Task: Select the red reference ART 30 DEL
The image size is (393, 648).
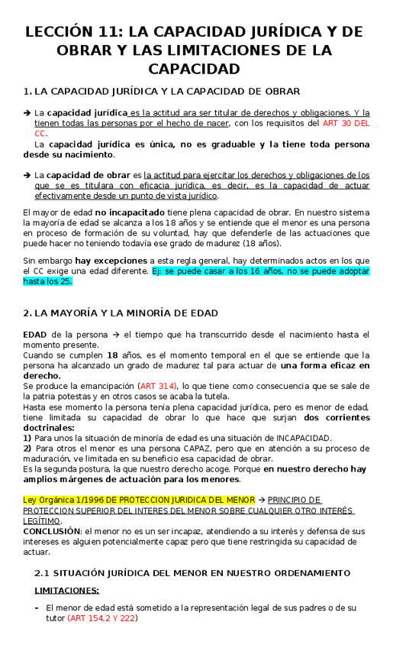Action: pos(346,122)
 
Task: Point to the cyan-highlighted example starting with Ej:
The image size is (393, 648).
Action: pos(260,271)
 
